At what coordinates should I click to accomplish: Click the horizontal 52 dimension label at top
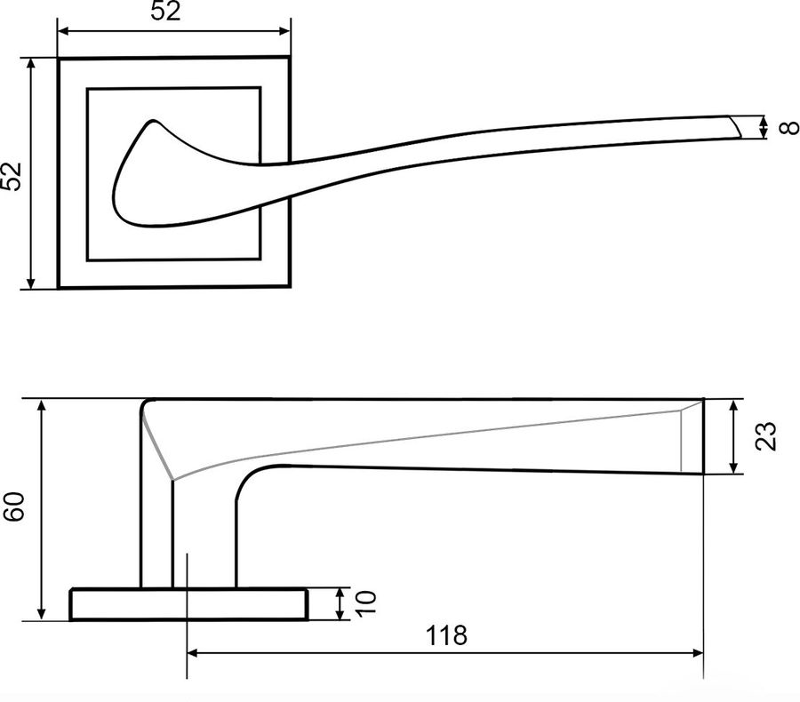[x=165, y=11]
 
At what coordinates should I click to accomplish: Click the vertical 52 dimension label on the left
[x=12, y=177]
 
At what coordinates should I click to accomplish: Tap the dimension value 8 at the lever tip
[x=789, y=127]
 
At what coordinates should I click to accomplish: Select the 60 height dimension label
[x=13, y=507]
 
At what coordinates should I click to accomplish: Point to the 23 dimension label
[x=766, y=436]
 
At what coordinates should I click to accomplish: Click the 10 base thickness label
[x=365, y=604]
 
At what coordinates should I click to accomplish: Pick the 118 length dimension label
[x=446, y=635]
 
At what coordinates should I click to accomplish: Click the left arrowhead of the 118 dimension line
[x=193, y=652]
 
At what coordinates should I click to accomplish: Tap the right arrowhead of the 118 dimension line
[x=697, y=652]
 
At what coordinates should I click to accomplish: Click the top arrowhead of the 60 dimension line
[x=42, y=405]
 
